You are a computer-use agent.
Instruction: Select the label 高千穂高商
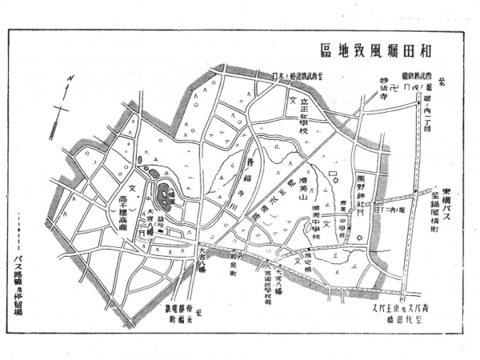(x=133, y=204)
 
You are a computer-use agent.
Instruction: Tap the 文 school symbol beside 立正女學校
(x=293, y=102)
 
